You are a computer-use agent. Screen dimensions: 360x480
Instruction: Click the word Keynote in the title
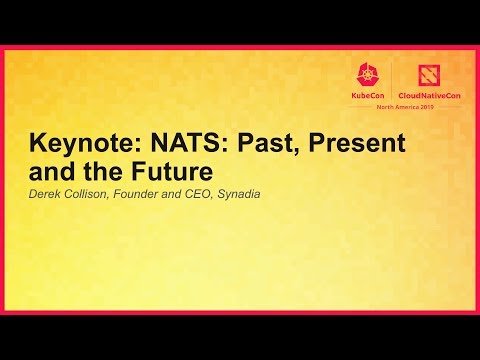pyautogui.click(x=81, y=144)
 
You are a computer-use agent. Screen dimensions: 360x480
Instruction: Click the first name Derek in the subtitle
pyautogui.click(x=46, y=194)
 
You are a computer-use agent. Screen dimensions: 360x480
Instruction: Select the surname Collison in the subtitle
pyautogui.click(x=93, y=194)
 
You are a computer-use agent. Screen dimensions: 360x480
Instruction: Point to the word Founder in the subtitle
pyautogui.click(x=149, y=194)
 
